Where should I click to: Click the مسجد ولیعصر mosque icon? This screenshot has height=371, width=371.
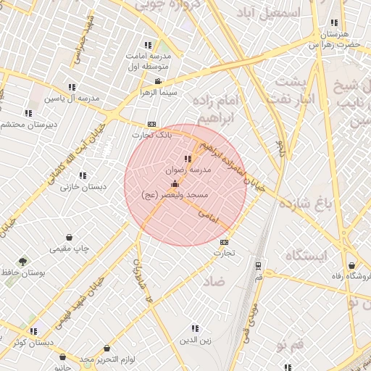click(174, 184)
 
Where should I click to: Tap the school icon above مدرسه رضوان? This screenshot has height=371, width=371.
click(188, 159)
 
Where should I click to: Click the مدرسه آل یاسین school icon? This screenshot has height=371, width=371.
click(71, 87)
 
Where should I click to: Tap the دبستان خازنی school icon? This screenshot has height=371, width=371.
click(83, 175)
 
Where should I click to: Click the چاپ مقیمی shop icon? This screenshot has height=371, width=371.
click(70, 237)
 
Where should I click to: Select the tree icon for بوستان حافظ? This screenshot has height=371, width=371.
click(24, 261)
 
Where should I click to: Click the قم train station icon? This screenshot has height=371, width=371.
click(259, 265)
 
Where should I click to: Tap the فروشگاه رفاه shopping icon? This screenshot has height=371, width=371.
click(352, 265)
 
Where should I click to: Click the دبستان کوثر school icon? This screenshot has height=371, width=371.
click(34, 331)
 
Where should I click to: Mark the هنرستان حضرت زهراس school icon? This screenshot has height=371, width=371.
click(333, 23)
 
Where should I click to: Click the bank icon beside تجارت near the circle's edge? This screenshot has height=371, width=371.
click(224, 242)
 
